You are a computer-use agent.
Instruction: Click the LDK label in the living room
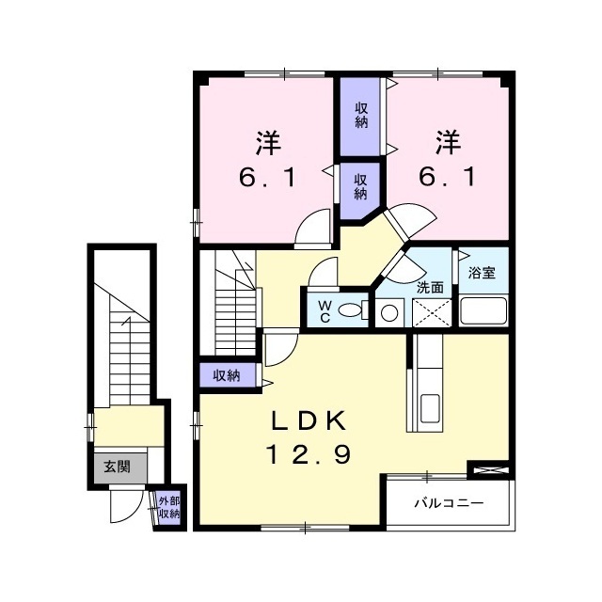point(310,419)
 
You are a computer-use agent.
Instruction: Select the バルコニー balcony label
point(450,504)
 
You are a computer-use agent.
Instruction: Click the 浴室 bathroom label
point(483,273)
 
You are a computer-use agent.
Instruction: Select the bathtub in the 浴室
point(483,310)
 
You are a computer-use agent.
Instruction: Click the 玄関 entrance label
point(116,465)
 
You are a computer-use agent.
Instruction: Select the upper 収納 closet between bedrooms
point(361,115)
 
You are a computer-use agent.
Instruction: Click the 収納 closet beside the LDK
point(226,375)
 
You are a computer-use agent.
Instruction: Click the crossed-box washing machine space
point(432,310)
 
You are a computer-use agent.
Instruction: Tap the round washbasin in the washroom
point(390,312)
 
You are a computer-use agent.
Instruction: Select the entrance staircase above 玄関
point(121,348)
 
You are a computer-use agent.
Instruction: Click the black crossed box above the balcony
point(489,467)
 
